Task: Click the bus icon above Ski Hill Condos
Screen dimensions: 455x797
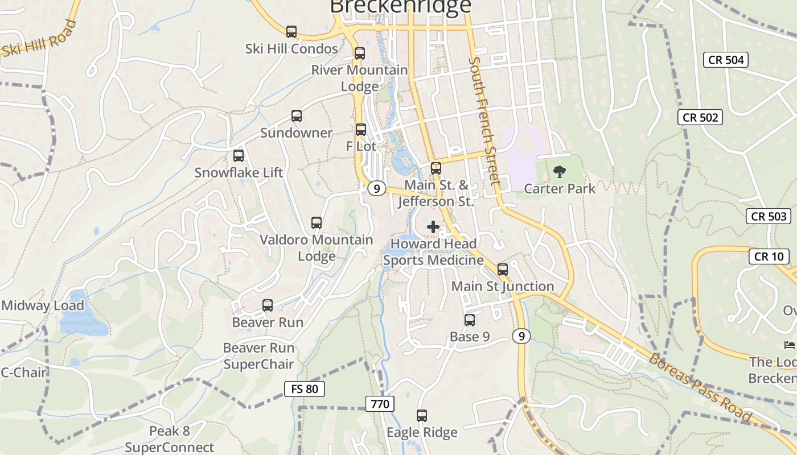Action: (291, 32)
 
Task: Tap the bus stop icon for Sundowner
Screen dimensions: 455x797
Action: (297, 116)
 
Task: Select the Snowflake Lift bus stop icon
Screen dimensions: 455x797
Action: (239, 156)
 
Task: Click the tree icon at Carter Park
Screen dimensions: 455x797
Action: (560, 171)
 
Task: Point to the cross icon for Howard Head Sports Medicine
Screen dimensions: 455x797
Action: (433, 227)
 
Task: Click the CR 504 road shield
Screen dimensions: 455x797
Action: (725, 60)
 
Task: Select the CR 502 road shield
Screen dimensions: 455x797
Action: (700, 117)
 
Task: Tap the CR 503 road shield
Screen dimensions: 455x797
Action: (769, 216)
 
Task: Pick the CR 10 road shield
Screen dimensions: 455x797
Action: (769, 257)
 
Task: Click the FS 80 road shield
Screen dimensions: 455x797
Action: (305, 389)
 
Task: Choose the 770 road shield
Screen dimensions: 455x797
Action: (380, 404)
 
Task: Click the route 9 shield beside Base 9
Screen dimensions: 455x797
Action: (521, 336)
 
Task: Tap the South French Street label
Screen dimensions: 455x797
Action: (484, 120)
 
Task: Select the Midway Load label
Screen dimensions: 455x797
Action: (43, 305)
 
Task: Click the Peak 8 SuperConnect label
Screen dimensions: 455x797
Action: (169, 439)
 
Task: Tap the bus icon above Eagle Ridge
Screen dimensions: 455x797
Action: (422, 416)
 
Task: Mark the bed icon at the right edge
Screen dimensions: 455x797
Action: (790, 345)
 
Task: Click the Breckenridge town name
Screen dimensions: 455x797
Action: (401, 6)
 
